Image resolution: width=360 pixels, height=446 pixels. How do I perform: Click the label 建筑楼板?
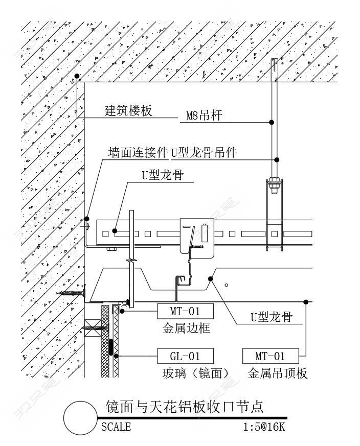[128, 110]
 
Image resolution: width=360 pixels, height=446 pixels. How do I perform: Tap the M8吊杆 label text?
[204, 115]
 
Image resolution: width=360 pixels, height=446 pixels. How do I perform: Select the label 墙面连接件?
[138, 152]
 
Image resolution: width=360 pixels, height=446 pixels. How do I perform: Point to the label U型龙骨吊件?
[204, 152]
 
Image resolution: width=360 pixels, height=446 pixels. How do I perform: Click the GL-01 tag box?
[185, 356]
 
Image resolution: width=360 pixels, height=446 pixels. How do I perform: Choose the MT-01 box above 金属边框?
[185, 311]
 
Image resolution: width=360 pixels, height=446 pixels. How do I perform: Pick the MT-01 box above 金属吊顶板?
[271, 356]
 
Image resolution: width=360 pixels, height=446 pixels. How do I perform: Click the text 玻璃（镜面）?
[196, 373]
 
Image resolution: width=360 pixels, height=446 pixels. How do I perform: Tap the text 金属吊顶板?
[277, 373]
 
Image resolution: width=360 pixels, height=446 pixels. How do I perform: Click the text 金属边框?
[186, 328]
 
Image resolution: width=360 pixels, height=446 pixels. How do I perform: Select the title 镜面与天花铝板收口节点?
[185, 407]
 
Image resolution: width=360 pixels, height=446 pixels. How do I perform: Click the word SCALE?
[116, 427]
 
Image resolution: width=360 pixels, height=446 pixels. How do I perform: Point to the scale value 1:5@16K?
[264, 427]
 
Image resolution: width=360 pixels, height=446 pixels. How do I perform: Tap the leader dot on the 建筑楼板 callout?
[77, 76]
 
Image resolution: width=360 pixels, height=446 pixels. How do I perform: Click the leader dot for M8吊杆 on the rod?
[272, 122]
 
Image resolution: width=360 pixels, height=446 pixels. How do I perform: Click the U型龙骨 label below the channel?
[272, 317]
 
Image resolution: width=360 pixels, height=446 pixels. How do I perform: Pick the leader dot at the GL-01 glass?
[116, 356]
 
